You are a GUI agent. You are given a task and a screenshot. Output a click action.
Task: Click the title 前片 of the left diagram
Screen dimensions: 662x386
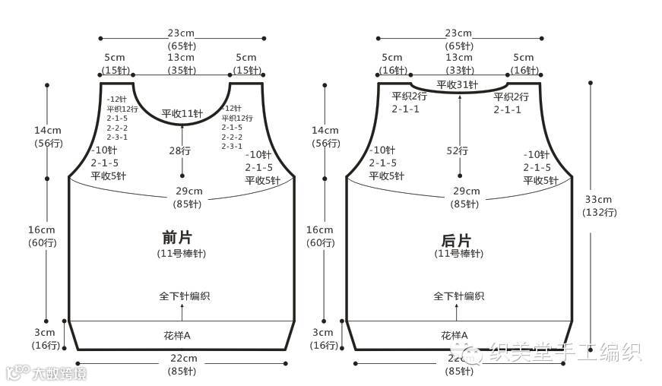coord(182,238)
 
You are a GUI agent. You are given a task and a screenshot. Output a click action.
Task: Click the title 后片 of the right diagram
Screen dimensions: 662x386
coord(458,238)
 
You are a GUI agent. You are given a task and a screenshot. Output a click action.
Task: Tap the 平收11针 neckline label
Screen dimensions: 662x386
coord(182,114)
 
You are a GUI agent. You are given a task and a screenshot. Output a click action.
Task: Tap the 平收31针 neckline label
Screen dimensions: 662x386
coord(458,84)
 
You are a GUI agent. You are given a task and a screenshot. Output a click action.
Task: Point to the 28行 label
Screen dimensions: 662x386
coord(182,150)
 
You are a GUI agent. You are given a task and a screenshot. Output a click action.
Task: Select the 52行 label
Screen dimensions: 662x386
coord(458,150)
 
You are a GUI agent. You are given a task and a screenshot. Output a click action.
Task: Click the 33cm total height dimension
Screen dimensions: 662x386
coord(599,199)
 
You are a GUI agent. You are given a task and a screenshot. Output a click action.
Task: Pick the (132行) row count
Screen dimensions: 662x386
coord(599,212)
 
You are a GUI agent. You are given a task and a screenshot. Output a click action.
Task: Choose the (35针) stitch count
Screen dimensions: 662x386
coord(181,70)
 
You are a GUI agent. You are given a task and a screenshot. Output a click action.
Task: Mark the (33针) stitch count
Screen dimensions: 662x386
coord(458,70)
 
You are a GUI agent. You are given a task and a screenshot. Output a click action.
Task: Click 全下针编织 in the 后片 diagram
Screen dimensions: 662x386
coord(458,296)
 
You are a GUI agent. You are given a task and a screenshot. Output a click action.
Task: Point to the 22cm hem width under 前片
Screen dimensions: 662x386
coord(182,358)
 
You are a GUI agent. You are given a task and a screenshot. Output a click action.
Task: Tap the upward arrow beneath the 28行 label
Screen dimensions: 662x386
coord(182,166)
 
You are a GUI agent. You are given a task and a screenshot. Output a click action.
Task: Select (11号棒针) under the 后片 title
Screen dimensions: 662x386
coord(458,253)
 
